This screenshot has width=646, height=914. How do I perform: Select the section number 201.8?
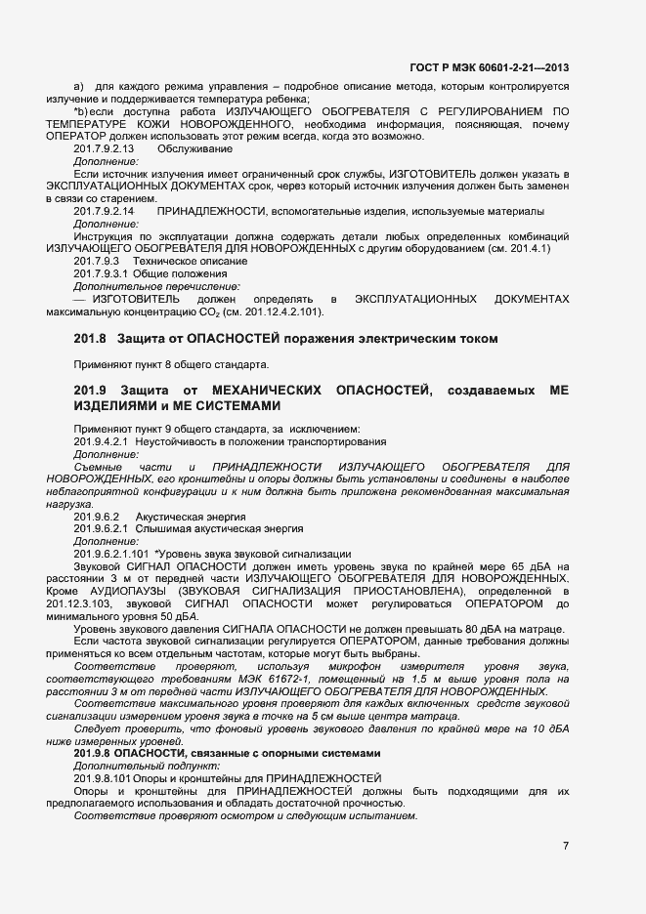[x=94, y=339]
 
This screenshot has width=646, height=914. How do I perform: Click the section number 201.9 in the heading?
[x=94, y=391]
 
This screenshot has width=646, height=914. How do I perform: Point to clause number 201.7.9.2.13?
[x=104, y=147]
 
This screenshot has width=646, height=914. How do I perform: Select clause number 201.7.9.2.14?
[x=104, y=211]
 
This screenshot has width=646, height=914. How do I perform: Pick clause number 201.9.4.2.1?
[x=102, y=442]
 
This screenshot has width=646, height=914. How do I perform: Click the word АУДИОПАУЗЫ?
[x=123, y=592]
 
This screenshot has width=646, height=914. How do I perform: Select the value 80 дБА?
[x=473, y=630]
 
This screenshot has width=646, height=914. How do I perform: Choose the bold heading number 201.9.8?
[x=95, y=756]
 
